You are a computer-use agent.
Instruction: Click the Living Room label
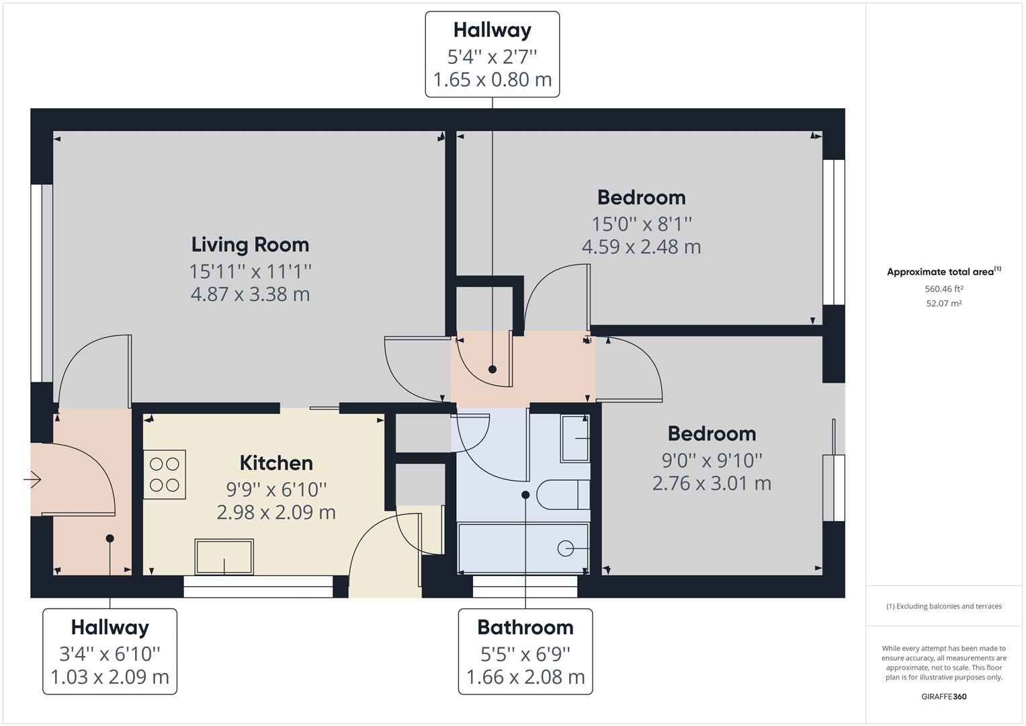250,245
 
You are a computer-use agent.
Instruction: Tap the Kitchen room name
276,463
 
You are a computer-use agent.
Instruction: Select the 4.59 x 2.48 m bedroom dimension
641,247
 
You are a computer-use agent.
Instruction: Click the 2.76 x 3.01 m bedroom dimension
712,483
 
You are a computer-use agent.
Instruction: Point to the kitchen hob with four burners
164,475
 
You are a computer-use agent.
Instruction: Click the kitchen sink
224,557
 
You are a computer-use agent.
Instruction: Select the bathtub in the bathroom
523,548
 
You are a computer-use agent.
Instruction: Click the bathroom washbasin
575,439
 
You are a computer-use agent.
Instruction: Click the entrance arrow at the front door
32,479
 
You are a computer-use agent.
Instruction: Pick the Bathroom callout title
525,627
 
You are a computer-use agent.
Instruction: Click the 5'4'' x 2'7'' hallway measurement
492,56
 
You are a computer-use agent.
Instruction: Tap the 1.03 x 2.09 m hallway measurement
110,677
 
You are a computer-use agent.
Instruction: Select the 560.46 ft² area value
943,289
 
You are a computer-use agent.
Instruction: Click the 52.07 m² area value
943,303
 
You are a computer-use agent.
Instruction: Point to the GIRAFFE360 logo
943,696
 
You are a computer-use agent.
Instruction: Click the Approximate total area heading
943,272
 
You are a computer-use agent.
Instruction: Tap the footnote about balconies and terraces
943,606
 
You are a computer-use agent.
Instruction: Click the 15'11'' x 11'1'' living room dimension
250,272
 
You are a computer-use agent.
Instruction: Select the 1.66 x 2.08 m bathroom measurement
525,677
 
